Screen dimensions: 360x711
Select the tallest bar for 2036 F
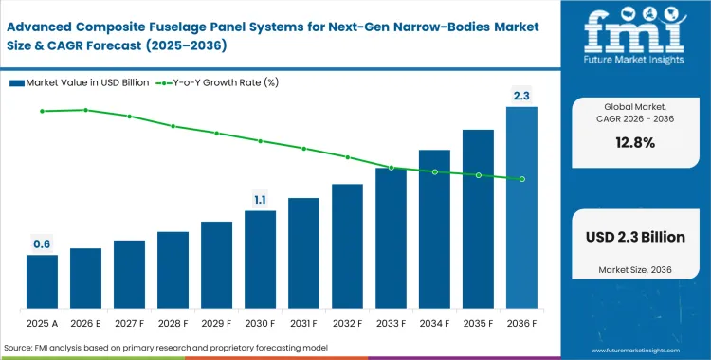point(521,208)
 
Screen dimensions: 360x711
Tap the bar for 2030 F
point(260,261)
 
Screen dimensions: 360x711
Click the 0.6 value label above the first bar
point(42,244)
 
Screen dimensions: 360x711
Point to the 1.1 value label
point(260,199)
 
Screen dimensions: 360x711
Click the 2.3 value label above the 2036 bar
point(521,95)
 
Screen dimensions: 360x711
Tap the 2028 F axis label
point(173,323)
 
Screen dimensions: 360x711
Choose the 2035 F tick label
point(478,323)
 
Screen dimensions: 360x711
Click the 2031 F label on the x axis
point(303,323)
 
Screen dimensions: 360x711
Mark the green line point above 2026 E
point(85,110)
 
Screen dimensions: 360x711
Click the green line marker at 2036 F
point(521,178)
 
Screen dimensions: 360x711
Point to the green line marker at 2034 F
point(434,171)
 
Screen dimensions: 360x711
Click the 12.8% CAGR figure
point(634,142)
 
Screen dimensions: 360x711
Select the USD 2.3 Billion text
point(634,237)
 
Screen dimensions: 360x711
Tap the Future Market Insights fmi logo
point(634,39)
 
